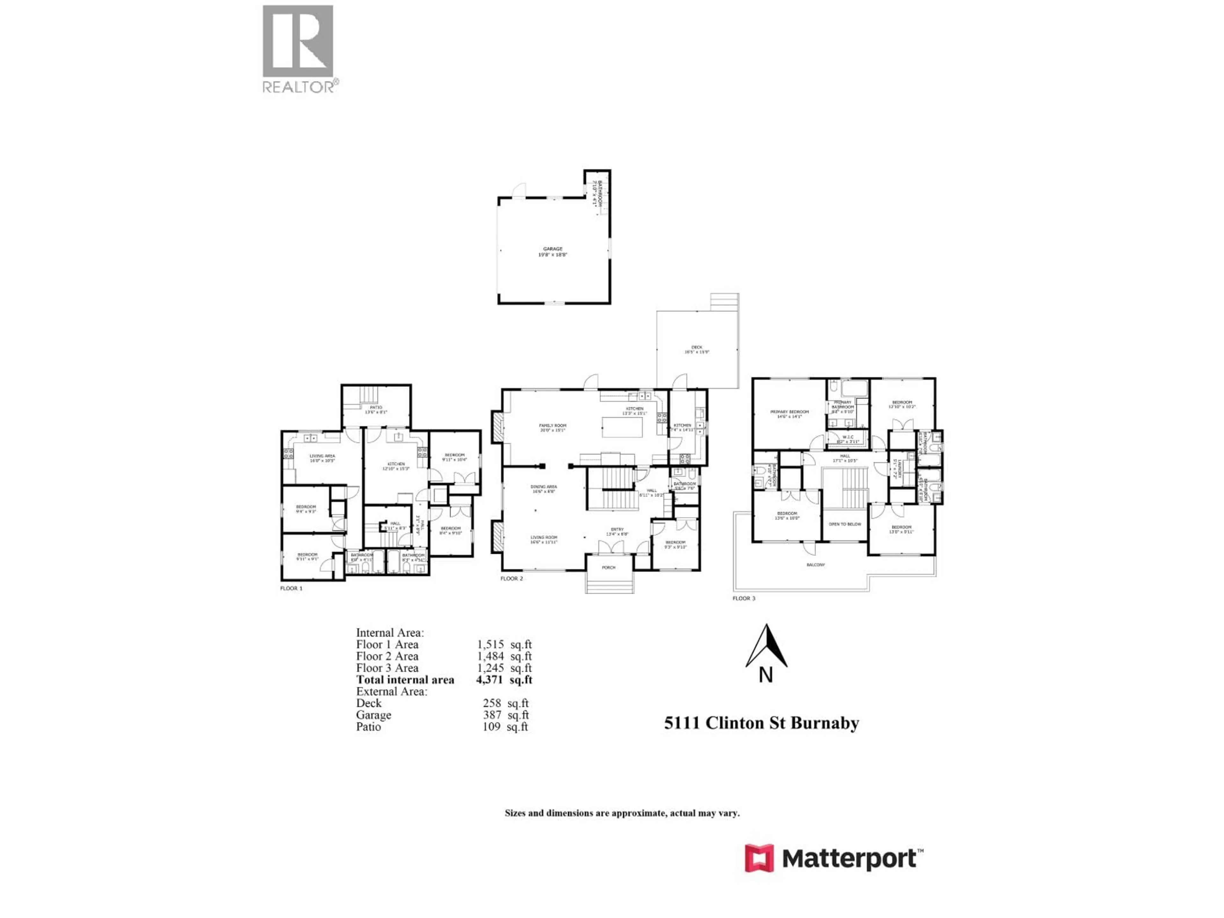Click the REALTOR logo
[298, 49]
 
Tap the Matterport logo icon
[759, 858]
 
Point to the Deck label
[697, 347]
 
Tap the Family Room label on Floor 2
[552, 426]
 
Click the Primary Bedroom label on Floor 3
[789, 412]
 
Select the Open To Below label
[845, 524]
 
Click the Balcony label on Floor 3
[816, 565]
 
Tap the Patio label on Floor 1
[376, 407]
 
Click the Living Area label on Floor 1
[322, 456]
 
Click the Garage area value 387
[492, 715]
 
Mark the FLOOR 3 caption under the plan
[744, 598]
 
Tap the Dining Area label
[543, 487]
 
